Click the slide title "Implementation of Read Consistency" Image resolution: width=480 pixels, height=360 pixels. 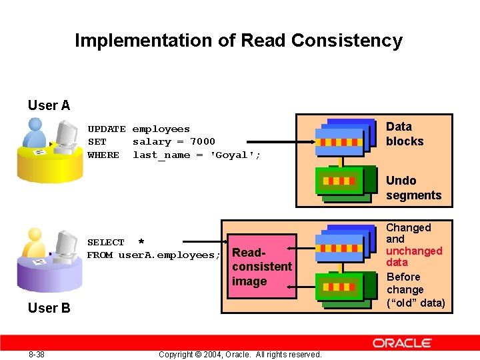tap(239, 41)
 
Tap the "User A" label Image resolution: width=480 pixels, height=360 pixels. tap(49, 105)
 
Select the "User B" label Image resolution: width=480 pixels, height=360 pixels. tap(49, 308)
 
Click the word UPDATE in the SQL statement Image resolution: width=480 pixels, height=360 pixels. tap(107, 129)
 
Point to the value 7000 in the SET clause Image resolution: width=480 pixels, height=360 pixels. tap(203, 142)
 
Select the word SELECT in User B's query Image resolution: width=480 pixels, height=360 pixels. tap(106, 243)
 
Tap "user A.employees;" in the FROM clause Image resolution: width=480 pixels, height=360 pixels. tap(169, 255)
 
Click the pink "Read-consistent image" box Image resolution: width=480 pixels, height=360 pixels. tap(261, 267)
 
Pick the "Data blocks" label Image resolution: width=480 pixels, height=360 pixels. tap(405, 134)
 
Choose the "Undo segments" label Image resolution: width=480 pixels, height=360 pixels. tap(413, 188)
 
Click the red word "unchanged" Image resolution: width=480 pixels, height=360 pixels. tap(414, 251)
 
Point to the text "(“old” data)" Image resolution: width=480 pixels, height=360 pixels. tap(415, 303)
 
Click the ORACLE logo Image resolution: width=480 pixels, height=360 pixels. tap(402, 343)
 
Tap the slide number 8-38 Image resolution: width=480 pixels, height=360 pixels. tap(37, 354)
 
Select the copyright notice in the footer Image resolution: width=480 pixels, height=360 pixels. tap(240, 354)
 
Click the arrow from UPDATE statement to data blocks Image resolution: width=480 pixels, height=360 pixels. tap(280, 141)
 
